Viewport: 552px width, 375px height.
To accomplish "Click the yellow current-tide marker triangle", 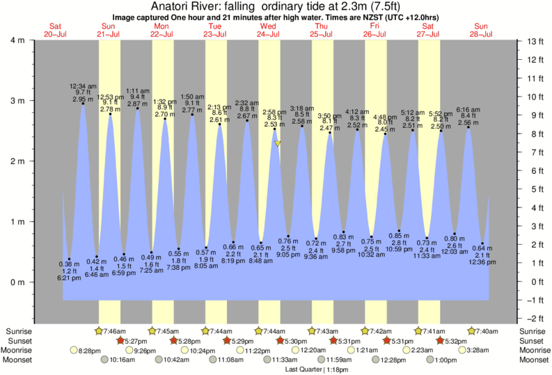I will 278,143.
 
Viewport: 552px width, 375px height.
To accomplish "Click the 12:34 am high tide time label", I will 82,86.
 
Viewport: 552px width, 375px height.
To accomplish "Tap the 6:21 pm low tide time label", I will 70,277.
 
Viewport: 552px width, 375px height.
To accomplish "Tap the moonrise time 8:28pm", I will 90,351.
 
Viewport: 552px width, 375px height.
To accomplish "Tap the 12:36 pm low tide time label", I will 482,262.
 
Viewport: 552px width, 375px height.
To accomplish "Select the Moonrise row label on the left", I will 25,351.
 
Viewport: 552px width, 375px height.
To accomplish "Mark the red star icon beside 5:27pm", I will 120,341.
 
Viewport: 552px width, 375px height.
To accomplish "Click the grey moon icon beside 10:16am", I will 105,360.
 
